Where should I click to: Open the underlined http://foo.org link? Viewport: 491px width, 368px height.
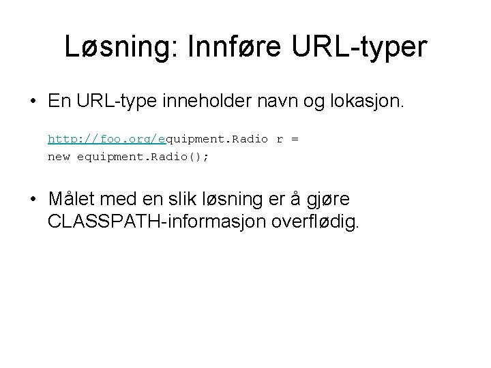106,139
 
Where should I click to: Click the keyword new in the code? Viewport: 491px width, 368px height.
59,156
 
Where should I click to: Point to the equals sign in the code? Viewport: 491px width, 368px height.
295,139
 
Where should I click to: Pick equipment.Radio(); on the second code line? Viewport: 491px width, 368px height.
144,156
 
